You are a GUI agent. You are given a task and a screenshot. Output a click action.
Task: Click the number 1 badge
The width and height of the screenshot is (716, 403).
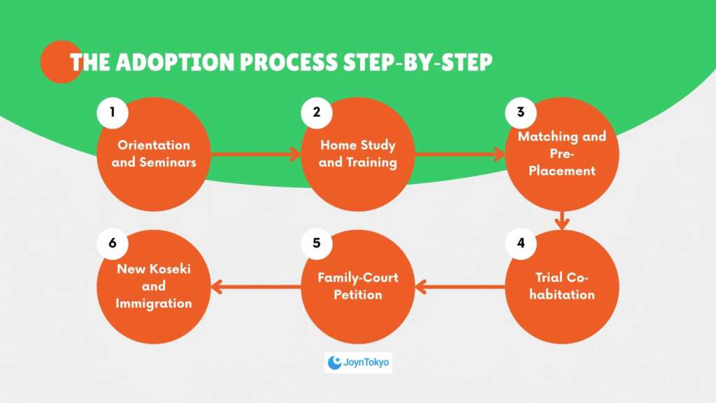tap(113, 113)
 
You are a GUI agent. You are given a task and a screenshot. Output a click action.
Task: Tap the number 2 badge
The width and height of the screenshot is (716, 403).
tap(317, 113)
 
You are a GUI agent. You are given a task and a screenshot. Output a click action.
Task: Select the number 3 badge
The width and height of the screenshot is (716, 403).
tap(520, 113)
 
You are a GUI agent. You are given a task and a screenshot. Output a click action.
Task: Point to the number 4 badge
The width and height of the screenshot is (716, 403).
tap(520, 243)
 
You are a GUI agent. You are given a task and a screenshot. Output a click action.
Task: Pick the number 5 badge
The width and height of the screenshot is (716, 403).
tap(317, 243)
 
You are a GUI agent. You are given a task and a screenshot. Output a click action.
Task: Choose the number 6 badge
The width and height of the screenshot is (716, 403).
tap(113, 243)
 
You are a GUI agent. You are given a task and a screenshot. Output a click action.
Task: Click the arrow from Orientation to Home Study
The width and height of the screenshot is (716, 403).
tap(256, 154)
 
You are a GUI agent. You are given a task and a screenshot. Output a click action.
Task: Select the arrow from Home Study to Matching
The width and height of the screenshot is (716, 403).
tap(460, 154)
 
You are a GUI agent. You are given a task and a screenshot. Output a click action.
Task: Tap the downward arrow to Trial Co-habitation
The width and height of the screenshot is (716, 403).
tap(562, 220)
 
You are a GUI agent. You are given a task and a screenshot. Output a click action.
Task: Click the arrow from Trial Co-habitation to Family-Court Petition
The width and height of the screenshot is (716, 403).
tap(460, 287)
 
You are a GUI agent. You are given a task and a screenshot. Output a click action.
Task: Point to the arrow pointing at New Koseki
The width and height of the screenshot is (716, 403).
tap(256, 287)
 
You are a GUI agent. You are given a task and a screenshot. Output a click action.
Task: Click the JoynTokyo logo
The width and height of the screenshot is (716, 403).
tap(358, 362)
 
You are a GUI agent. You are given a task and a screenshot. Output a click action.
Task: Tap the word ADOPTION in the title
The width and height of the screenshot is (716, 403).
tap(175, 62)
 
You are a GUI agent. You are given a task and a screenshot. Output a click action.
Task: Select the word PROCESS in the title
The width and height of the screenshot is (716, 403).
tap(289, 62)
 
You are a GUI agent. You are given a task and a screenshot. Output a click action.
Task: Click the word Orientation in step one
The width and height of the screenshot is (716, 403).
tap(154, 145)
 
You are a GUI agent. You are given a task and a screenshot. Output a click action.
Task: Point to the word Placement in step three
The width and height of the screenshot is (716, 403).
tap(562, 171)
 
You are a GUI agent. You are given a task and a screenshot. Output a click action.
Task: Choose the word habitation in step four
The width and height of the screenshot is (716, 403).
tap(562, 295)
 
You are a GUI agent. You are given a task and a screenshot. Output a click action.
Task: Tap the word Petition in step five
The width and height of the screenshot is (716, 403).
tap(358, 295)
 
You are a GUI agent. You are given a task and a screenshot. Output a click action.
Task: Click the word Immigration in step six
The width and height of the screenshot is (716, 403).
tap(154, 304)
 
